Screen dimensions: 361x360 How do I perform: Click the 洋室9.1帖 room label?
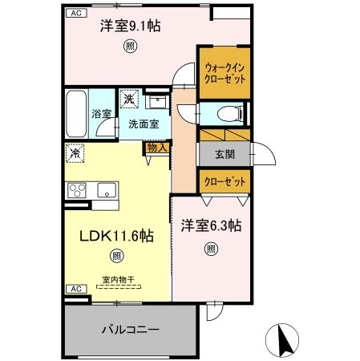point(129,26)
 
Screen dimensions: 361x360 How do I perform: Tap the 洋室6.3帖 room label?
point(210,226)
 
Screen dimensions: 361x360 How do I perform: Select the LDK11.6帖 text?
point(115,236)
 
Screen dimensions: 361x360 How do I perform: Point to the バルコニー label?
point(130,329)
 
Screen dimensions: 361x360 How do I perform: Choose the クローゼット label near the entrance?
point(224,181)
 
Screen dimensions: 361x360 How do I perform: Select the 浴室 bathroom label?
point(100,115)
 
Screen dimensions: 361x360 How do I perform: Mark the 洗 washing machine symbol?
point(129,99)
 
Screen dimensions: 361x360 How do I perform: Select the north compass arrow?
point(283,339)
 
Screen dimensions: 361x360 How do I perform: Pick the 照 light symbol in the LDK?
point(116,257)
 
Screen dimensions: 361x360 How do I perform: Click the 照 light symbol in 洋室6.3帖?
point(210,249)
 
